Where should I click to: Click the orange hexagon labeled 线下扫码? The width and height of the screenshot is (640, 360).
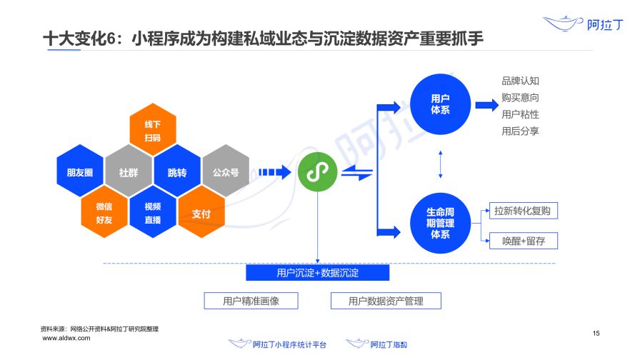pos(153,130)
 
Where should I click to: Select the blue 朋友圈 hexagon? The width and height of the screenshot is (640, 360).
pos(80,172)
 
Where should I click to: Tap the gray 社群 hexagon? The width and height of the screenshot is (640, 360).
pos(129,172)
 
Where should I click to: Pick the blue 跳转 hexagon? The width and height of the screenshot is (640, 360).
pos(177,172)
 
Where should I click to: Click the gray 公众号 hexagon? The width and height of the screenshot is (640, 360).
pos(226,172)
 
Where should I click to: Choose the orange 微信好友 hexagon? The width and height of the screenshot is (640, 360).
pos(104,213)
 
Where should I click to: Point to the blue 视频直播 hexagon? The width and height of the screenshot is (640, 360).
pos(153,213)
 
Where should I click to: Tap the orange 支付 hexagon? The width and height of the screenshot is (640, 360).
pos(201,213)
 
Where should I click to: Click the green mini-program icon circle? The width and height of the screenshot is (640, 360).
pos(318,172)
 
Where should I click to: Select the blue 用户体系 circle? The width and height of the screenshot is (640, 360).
pos(440,104)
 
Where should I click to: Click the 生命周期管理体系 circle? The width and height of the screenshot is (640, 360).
pos(440,223)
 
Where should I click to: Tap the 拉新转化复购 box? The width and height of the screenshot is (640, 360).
pos(524,211)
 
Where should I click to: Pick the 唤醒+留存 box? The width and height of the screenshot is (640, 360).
pos(524,241)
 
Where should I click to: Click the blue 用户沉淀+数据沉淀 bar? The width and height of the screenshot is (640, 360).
pos(318,273)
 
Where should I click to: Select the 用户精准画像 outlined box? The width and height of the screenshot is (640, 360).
pos(251,301)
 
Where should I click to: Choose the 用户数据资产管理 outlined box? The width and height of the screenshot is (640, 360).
pos(386,301)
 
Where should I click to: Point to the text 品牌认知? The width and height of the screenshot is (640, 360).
pos(521,81)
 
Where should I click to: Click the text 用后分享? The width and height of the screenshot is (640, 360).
pos(521,131)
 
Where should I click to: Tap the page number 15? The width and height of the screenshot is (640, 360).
pos(596,334)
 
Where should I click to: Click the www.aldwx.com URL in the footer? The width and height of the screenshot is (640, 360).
pos(66,338)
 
